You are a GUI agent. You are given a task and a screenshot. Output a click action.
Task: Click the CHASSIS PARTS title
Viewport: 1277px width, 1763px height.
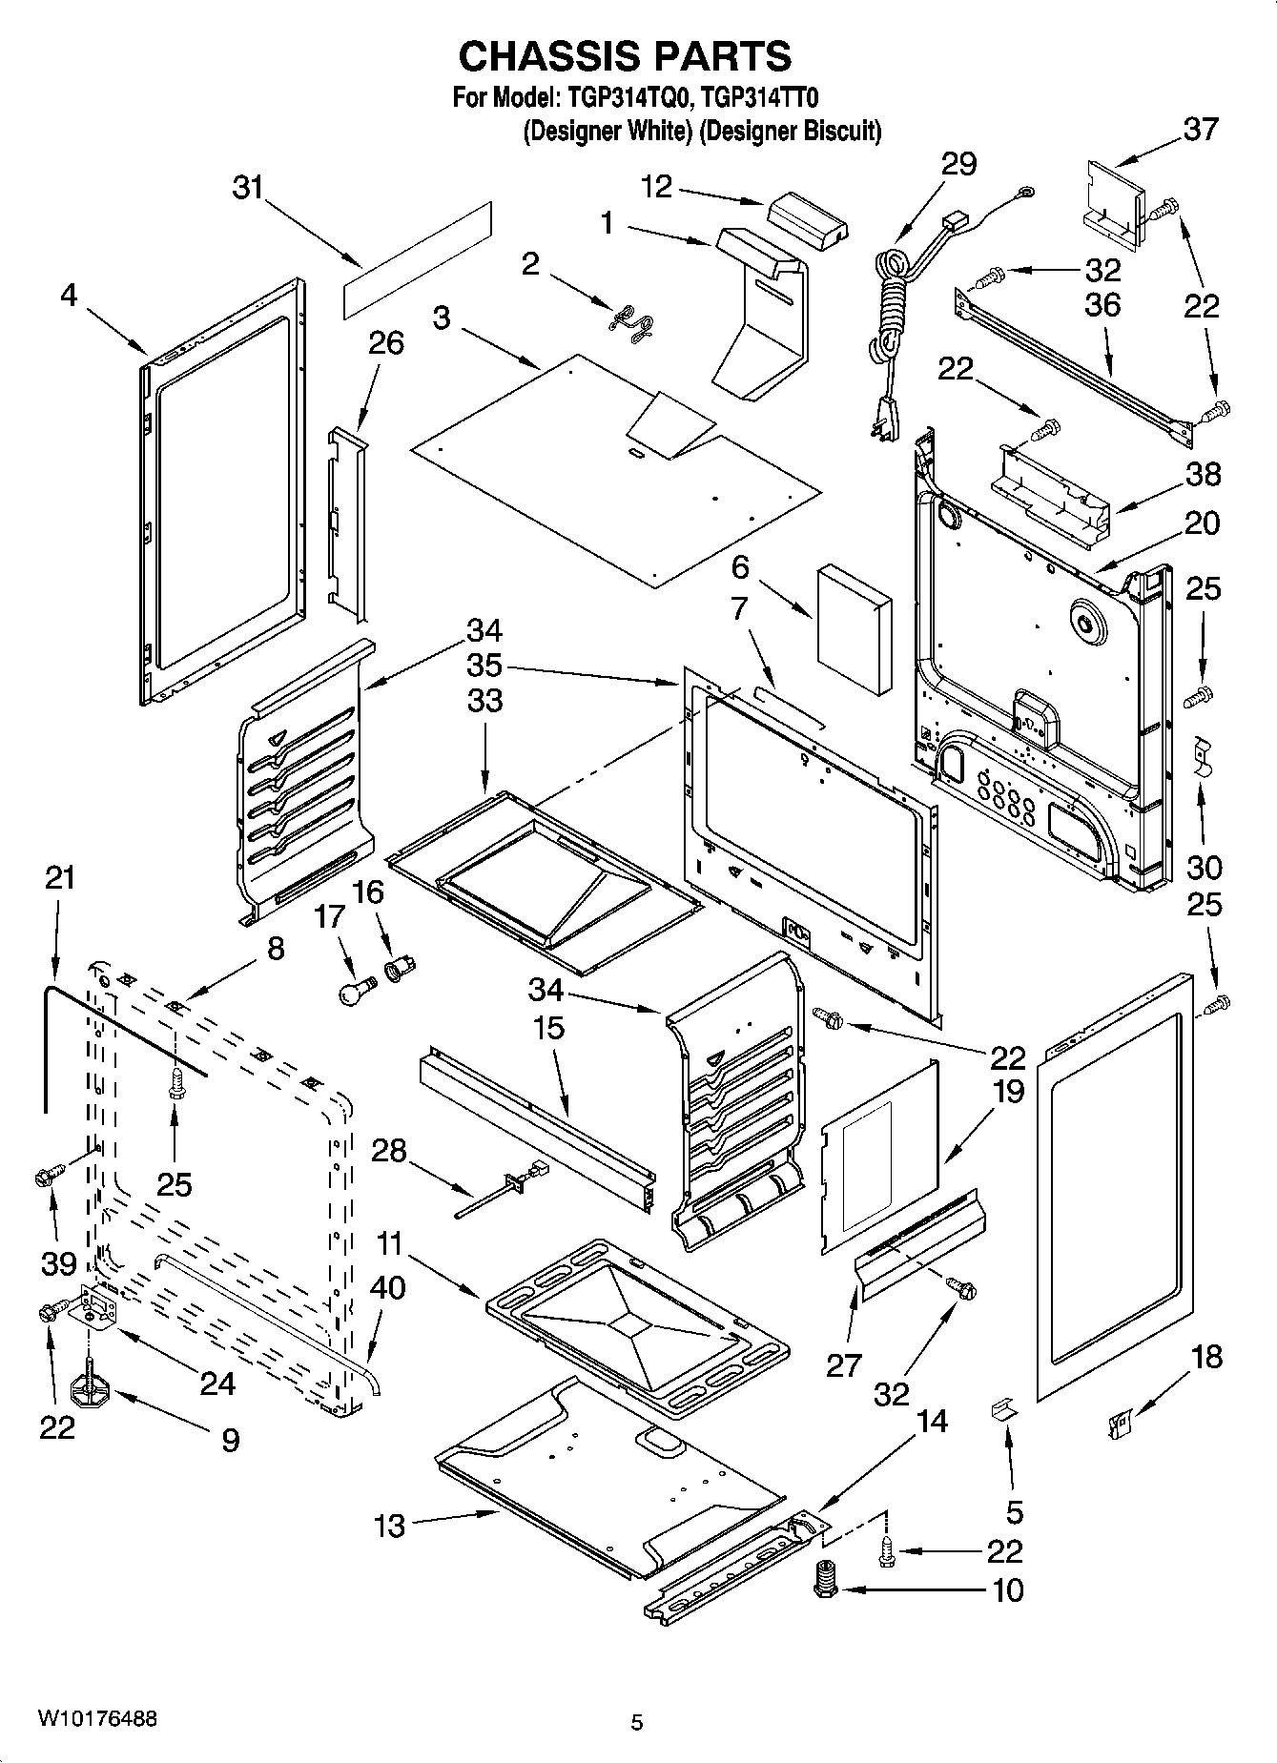pyautogui.click(x=625, y=56)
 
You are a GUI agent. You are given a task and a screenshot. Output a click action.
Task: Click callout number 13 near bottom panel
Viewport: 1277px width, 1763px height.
pyautogui.click(x=389, y=1526)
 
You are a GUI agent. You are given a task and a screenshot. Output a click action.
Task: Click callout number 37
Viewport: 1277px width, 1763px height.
pyautogui.click(x=1201, y=129)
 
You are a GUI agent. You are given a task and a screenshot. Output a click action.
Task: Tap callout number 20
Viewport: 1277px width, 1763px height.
pyautogui.click(x=1202, y=523)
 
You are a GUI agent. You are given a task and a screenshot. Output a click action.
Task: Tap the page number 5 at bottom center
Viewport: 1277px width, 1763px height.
pyautogui.click(x=637, y=1722)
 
